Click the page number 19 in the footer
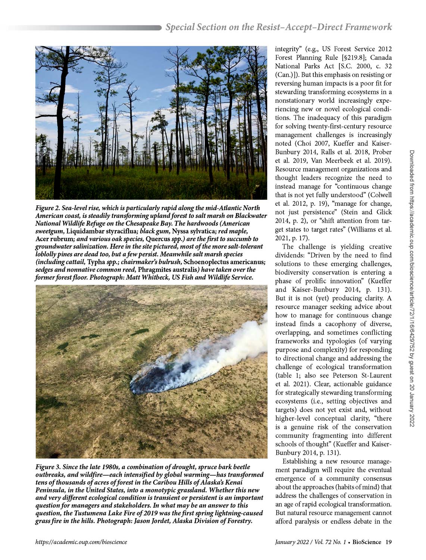[388, 542]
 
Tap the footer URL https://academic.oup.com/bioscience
[81, 542]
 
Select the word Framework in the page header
[369, 27]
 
